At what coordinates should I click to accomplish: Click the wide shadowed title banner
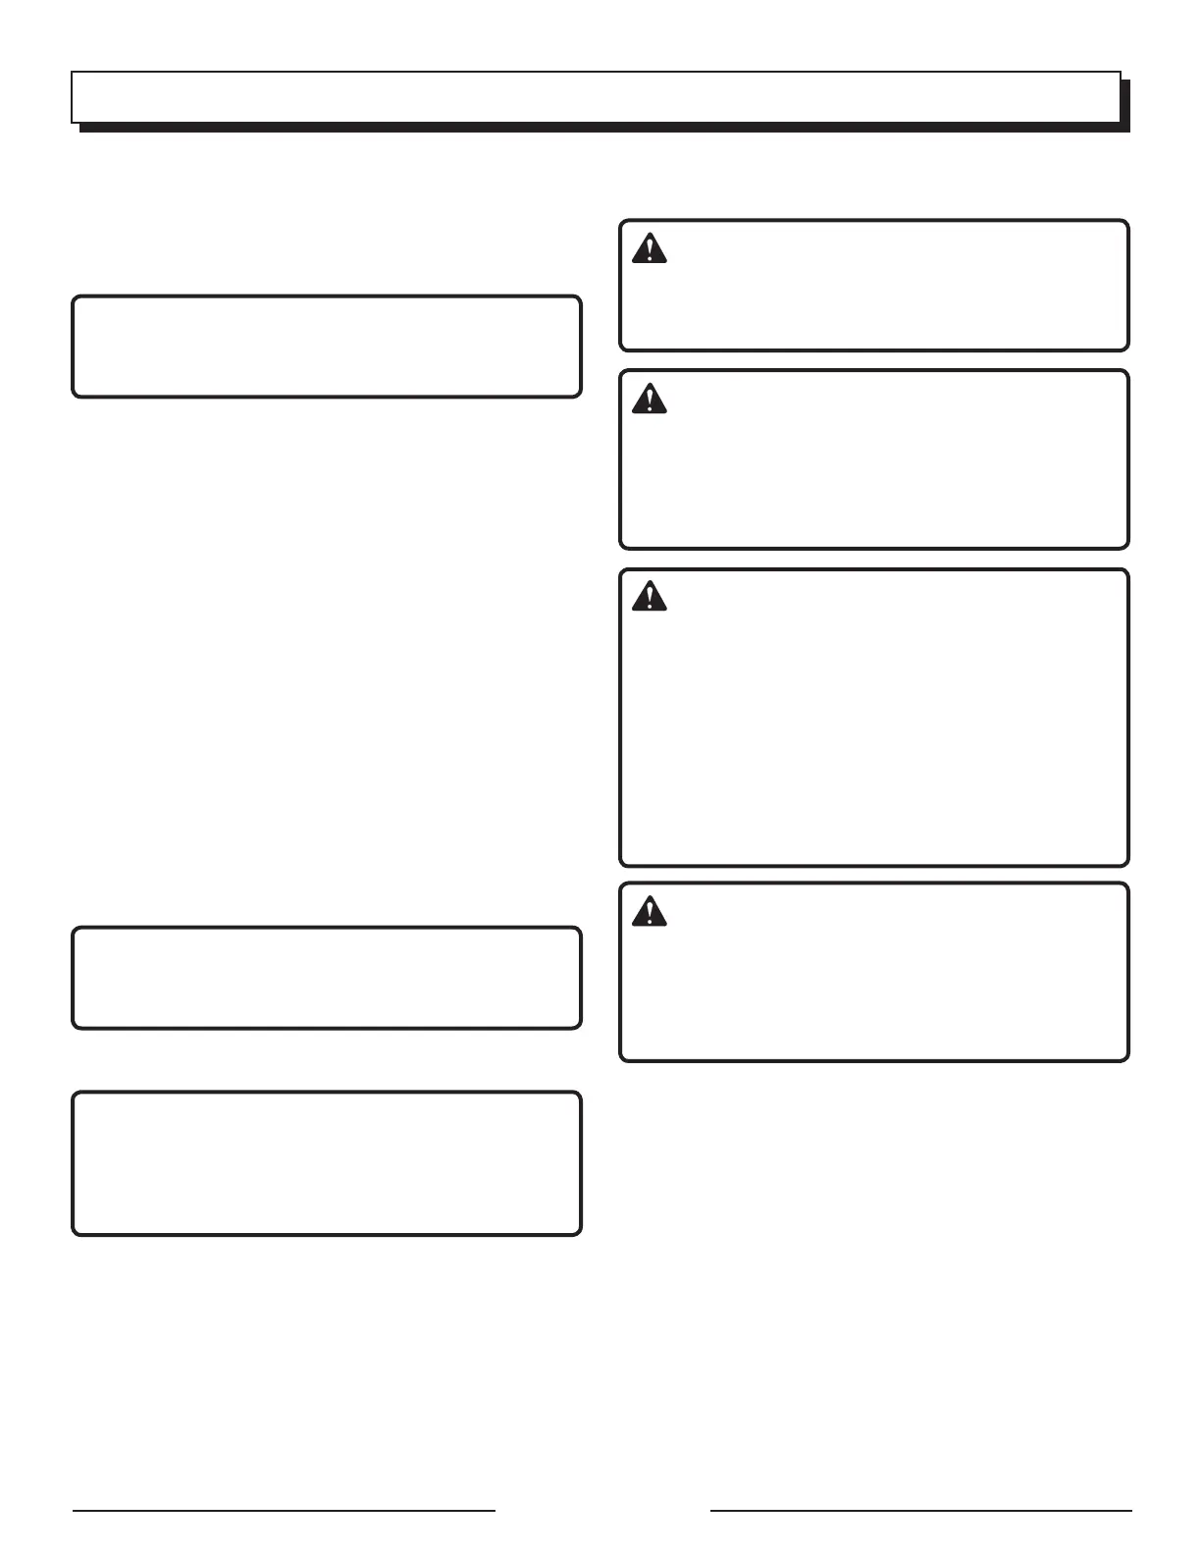point(596,96)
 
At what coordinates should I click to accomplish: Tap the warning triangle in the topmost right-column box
point(649,249)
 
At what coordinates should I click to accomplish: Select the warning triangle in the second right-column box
point(649,399)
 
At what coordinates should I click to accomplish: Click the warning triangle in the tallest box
point(649,597)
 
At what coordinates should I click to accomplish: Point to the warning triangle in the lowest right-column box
point(649,912)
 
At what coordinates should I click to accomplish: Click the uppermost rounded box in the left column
point(326,347)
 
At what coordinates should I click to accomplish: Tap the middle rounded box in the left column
point(326,978)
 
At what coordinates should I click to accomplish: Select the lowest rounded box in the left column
point(326,1163)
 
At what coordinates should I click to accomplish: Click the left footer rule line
point(284,1510)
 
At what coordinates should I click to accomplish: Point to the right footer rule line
point(920,1510)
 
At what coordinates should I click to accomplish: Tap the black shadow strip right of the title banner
point(1125,103)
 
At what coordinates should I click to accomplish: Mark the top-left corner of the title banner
point(72,72)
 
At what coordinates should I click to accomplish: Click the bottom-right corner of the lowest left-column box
point(579,1232)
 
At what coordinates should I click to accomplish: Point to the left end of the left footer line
point(74,1510)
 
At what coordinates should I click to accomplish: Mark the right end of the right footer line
point(1130,1510)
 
